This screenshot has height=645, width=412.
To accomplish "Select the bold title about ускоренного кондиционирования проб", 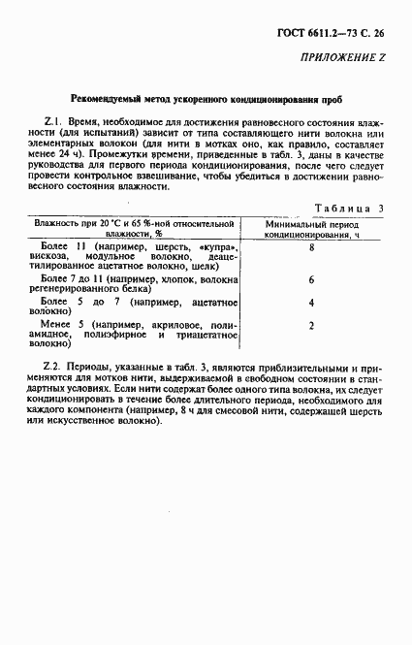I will tap(205, 100).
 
